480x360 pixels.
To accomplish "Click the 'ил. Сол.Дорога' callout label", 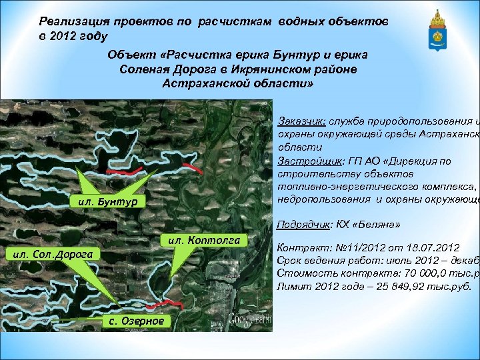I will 51,253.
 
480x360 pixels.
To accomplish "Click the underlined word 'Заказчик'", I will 301,121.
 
